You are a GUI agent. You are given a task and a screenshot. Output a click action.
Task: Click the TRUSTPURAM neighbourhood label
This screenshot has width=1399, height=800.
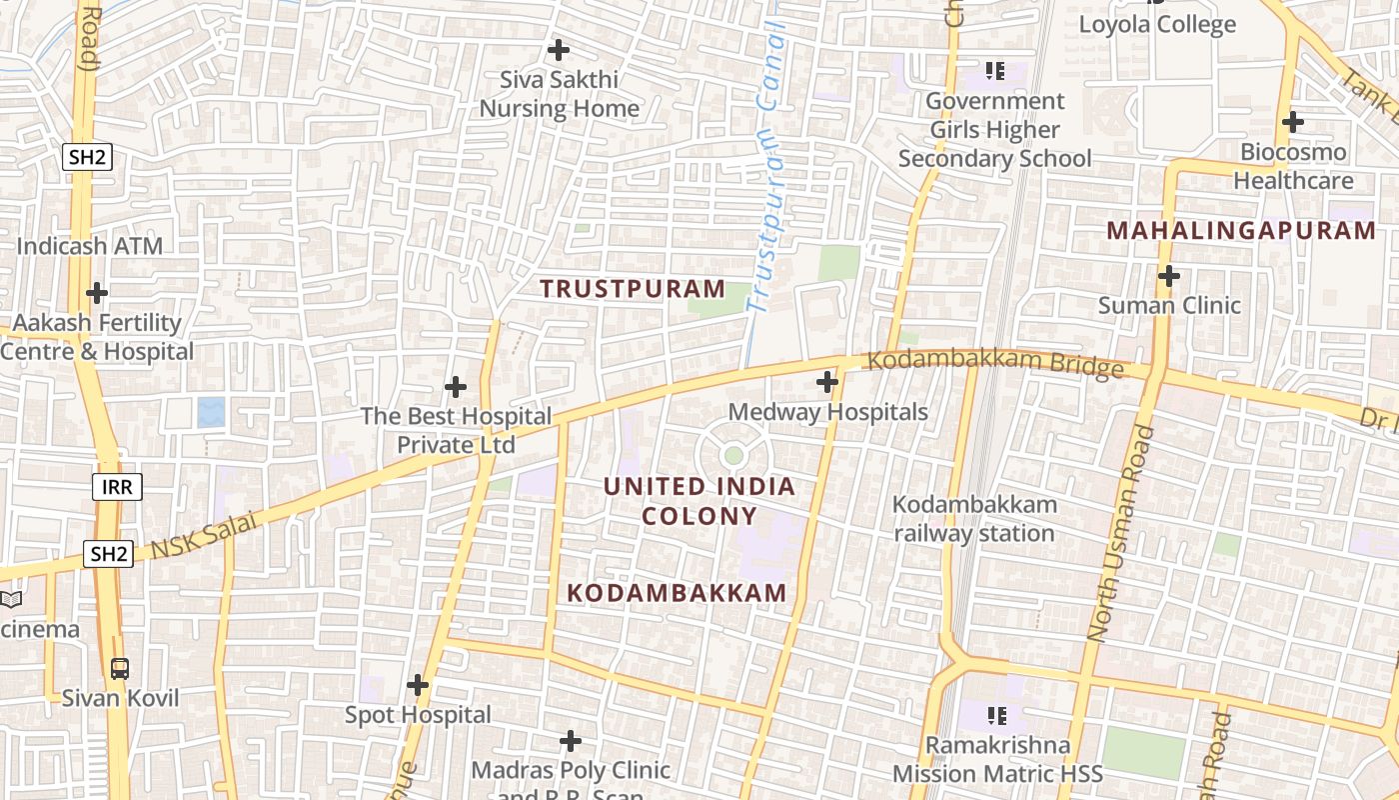(633, 289)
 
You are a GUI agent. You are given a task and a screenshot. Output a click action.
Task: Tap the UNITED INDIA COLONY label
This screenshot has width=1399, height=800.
(699, 501)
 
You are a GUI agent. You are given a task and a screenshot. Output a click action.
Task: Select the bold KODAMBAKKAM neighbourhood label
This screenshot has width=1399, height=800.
(677, 593)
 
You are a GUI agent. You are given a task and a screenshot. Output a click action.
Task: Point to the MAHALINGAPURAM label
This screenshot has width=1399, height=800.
(1241, 231)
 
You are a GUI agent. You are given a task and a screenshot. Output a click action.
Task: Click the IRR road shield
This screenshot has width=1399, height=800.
(117, 487)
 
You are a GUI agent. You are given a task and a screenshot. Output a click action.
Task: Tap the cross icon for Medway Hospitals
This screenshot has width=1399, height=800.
(827, 381)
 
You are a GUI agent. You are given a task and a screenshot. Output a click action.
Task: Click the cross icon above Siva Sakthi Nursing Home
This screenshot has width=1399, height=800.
(559, 49)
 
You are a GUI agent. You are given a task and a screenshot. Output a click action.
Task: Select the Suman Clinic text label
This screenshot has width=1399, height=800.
(1169, 305)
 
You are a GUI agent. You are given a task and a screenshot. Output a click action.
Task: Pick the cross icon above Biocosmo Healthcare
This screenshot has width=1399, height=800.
(1293, 123)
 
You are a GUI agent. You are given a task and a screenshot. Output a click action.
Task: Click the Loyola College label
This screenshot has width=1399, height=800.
(1157, 24)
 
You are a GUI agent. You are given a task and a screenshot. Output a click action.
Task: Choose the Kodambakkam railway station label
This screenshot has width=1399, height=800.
(973, 518)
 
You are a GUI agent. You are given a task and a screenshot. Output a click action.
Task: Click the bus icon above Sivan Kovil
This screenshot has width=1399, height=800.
(120, 668)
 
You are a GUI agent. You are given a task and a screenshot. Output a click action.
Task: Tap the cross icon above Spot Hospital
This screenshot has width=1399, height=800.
(418, 685)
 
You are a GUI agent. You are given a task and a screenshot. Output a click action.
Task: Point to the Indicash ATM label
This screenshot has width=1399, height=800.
(90, 246)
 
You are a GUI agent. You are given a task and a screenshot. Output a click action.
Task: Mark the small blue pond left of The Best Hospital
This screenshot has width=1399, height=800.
(211, 412)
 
